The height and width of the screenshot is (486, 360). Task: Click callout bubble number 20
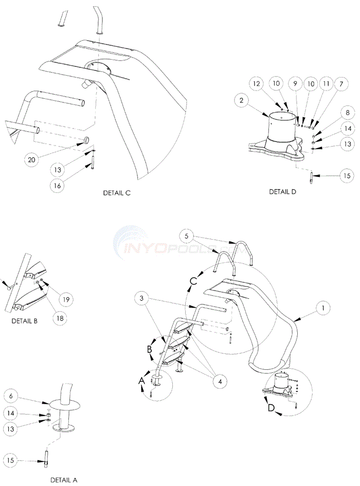pos(31,159)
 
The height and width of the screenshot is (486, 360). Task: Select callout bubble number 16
pos(58,186)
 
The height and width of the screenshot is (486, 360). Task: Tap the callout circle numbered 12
pos(257,84)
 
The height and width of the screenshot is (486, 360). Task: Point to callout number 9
pos(295,84)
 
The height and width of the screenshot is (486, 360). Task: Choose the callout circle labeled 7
pos(341,84)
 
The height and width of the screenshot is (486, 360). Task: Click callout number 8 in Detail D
pos(347,113)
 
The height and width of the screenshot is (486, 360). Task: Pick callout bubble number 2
pos(242,100)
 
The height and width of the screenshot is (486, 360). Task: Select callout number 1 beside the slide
pos(323,308)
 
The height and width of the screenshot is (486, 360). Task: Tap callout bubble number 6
pos(11,396)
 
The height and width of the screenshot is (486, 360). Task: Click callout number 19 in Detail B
pos(66,299)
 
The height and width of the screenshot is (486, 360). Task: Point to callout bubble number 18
pos(60,318)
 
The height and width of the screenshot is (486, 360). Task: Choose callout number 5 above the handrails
pos(186,236)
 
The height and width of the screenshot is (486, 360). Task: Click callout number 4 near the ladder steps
pos(220,382)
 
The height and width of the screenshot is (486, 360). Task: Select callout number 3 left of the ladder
pos(142,299)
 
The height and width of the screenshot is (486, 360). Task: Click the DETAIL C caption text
pos(117,193)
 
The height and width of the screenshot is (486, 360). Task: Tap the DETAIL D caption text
pos(282,192)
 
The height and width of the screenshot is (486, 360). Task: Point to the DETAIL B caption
pos(25,321)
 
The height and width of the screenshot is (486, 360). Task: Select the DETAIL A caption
pos(64,480)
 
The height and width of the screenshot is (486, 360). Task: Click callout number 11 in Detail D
pos(326,84)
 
